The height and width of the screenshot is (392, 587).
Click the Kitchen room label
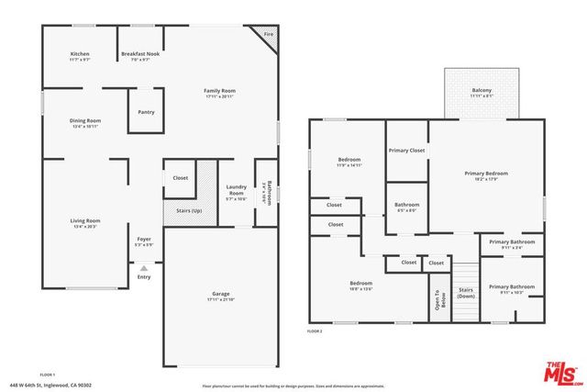[80, 54]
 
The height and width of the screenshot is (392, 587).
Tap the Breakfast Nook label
[140, 54]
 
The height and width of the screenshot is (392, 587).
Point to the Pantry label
[146, 112]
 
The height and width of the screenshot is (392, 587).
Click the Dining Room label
[86, 120]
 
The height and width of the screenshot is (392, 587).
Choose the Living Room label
[85, 220]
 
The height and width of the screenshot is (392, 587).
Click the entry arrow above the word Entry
[144, 267]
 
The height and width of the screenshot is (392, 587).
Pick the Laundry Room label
[236, 191]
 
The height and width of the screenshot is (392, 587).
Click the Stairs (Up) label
[189, 210]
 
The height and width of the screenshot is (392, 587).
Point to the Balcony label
[482, 90]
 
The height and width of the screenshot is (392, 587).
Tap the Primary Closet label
[406, 150]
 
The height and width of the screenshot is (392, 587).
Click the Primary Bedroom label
[485, 173]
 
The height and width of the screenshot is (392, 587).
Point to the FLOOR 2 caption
[315, 330]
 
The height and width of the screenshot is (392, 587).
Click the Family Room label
[220, 90]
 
